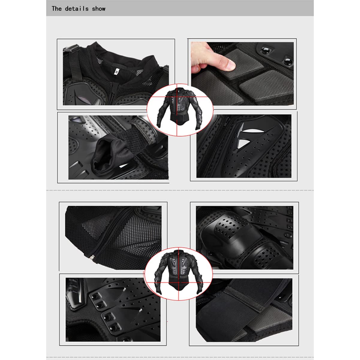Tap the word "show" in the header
point(99,8)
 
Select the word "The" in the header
point(56,8)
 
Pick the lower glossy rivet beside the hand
point(287,61)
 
